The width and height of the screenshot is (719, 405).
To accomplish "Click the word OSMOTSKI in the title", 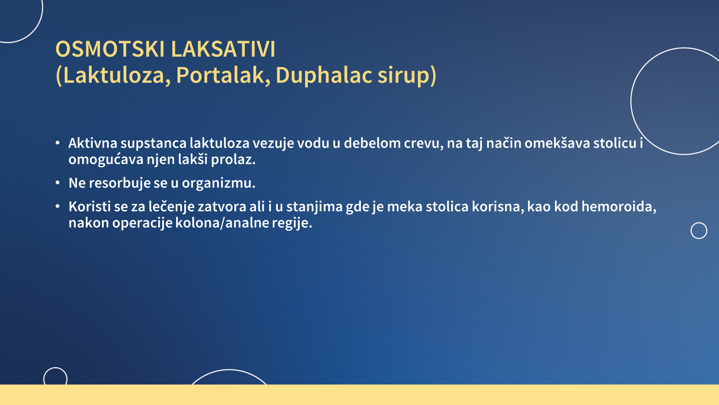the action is [x=110, y=49].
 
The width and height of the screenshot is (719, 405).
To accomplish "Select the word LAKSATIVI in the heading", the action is [x=223, y=49].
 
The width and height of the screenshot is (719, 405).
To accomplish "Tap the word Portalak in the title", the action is [x=220, y=75].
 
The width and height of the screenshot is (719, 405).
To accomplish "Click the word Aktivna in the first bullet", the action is [x=93, y=143].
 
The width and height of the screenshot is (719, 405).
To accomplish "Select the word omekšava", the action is [x=557, y=143].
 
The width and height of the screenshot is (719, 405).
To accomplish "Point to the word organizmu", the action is [x=218, y=183].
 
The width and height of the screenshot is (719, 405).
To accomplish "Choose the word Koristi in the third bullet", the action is [x=89, y=207].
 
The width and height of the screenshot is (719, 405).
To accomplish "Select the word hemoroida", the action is [x=619, y=207].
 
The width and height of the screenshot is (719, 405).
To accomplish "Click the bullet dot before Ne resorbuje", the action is [x=58, y=183].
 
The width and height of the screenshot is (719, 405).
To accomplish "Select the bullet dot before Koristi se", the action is [x=58, y=206].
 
